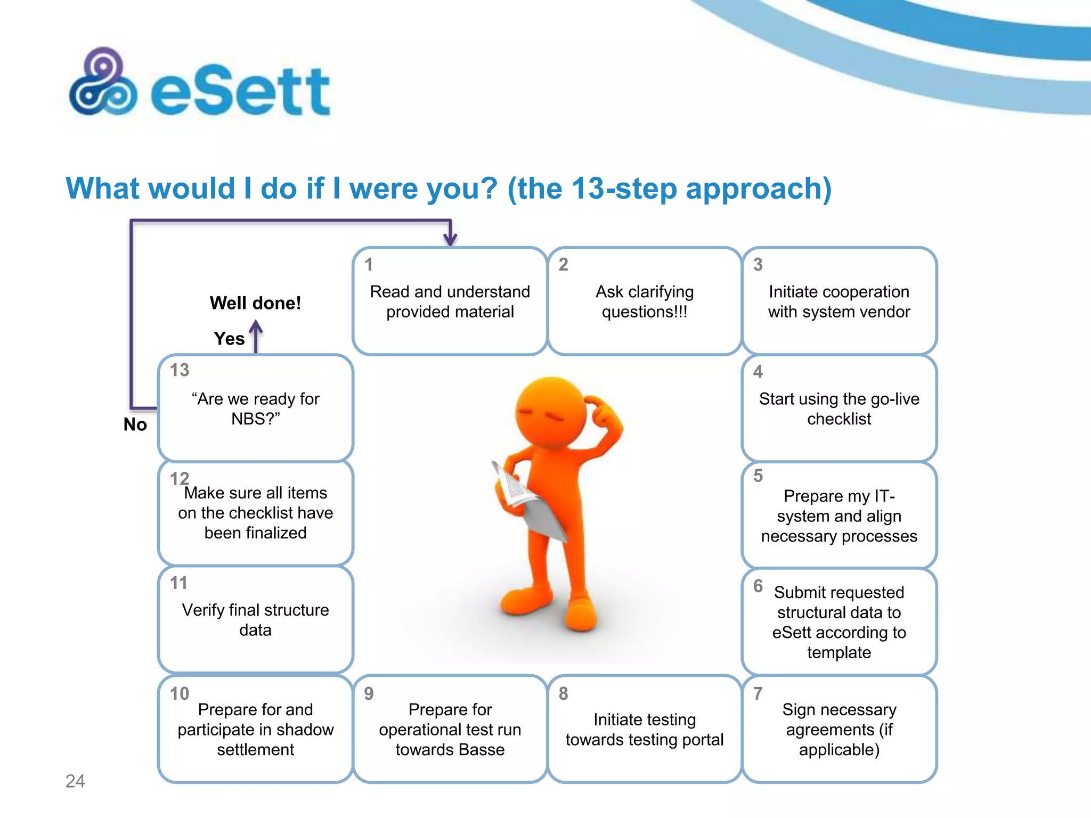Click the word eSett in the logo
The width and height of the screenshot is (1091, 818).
(241, 92)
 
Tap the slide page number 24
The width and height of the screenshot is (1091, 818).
(75, 781)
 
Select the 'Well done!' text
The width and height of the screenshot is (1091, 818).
(255, 303)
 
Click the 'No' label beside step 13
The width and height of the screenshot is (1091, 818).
(135, 424)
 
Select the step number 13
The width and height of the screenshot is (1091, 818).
(180, 370)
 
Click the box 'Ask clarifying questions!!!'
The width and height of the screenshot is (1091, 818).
(645, 301)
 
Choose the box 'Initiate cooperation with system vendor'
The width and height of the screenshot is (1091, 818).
(839, 301)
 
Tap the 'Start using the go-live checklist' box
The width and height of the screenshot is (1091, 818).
(839, 408)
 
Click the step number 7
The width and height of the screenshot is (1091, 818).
(758, 693)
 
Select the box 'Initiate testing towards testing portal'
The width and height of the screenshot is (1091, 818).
(645, 729)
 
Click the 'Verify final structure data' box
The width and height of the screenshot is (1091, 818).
(256, 620)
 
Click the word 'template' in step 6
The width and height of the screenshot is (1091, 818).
(839, 652)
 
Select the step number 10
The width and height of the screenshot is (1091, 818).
(180, 693)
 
